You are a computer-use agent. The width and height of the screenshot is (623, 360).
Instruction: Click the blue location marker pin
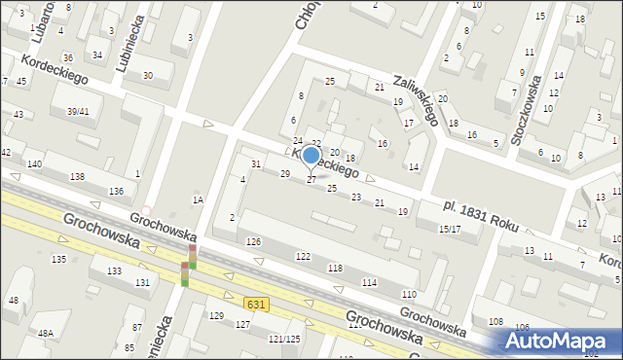click(x=311, y=156)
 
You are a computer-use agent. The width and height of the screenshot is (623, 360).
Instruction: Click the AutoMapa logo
click(x=561, y=342)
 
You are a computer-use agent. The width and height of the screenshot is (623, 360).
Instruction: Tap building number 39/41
click(x=78, y=112)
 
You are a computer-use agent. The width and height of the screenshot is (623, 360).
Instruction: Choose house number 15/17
click(x=450, y=229)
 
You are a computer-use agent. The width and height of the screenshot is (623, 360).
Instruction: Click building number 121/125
click(x=284, y=339)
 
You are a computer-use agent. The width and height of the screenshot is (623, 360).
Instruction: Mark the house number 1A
click(x=198, y=199)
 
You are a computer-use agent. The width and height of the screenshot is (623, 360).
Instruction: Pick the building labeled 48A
click(x=45, y=333)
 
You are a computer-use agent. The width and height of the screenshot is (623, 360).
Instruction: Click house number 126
click(x=254, y=241)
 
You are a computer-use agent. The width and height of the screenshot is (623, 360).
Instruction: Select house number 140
click(x=35, y=164)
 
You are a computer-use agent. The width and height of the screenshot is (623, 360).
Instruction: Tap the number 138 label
click(x=77, y=176)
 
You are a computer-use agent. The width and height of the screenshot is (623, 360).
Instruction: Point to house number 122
click(x=303, y=256)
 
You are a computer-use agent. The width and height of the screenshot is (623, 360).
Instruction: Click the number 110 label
click(x=409, y=294)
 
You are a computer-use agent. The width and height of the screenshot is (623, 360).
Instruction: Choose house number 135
click(x=58, y=259)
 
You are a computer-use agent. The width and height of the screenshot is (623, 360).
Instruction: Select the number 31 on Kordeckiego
click(x=256, y=163)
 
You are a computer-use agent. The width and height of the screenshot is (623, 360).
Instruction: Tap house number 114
click(x=369, y=282)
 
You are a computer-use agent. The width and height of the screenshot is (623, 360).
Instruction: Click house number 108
click(x=495, y=321)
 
